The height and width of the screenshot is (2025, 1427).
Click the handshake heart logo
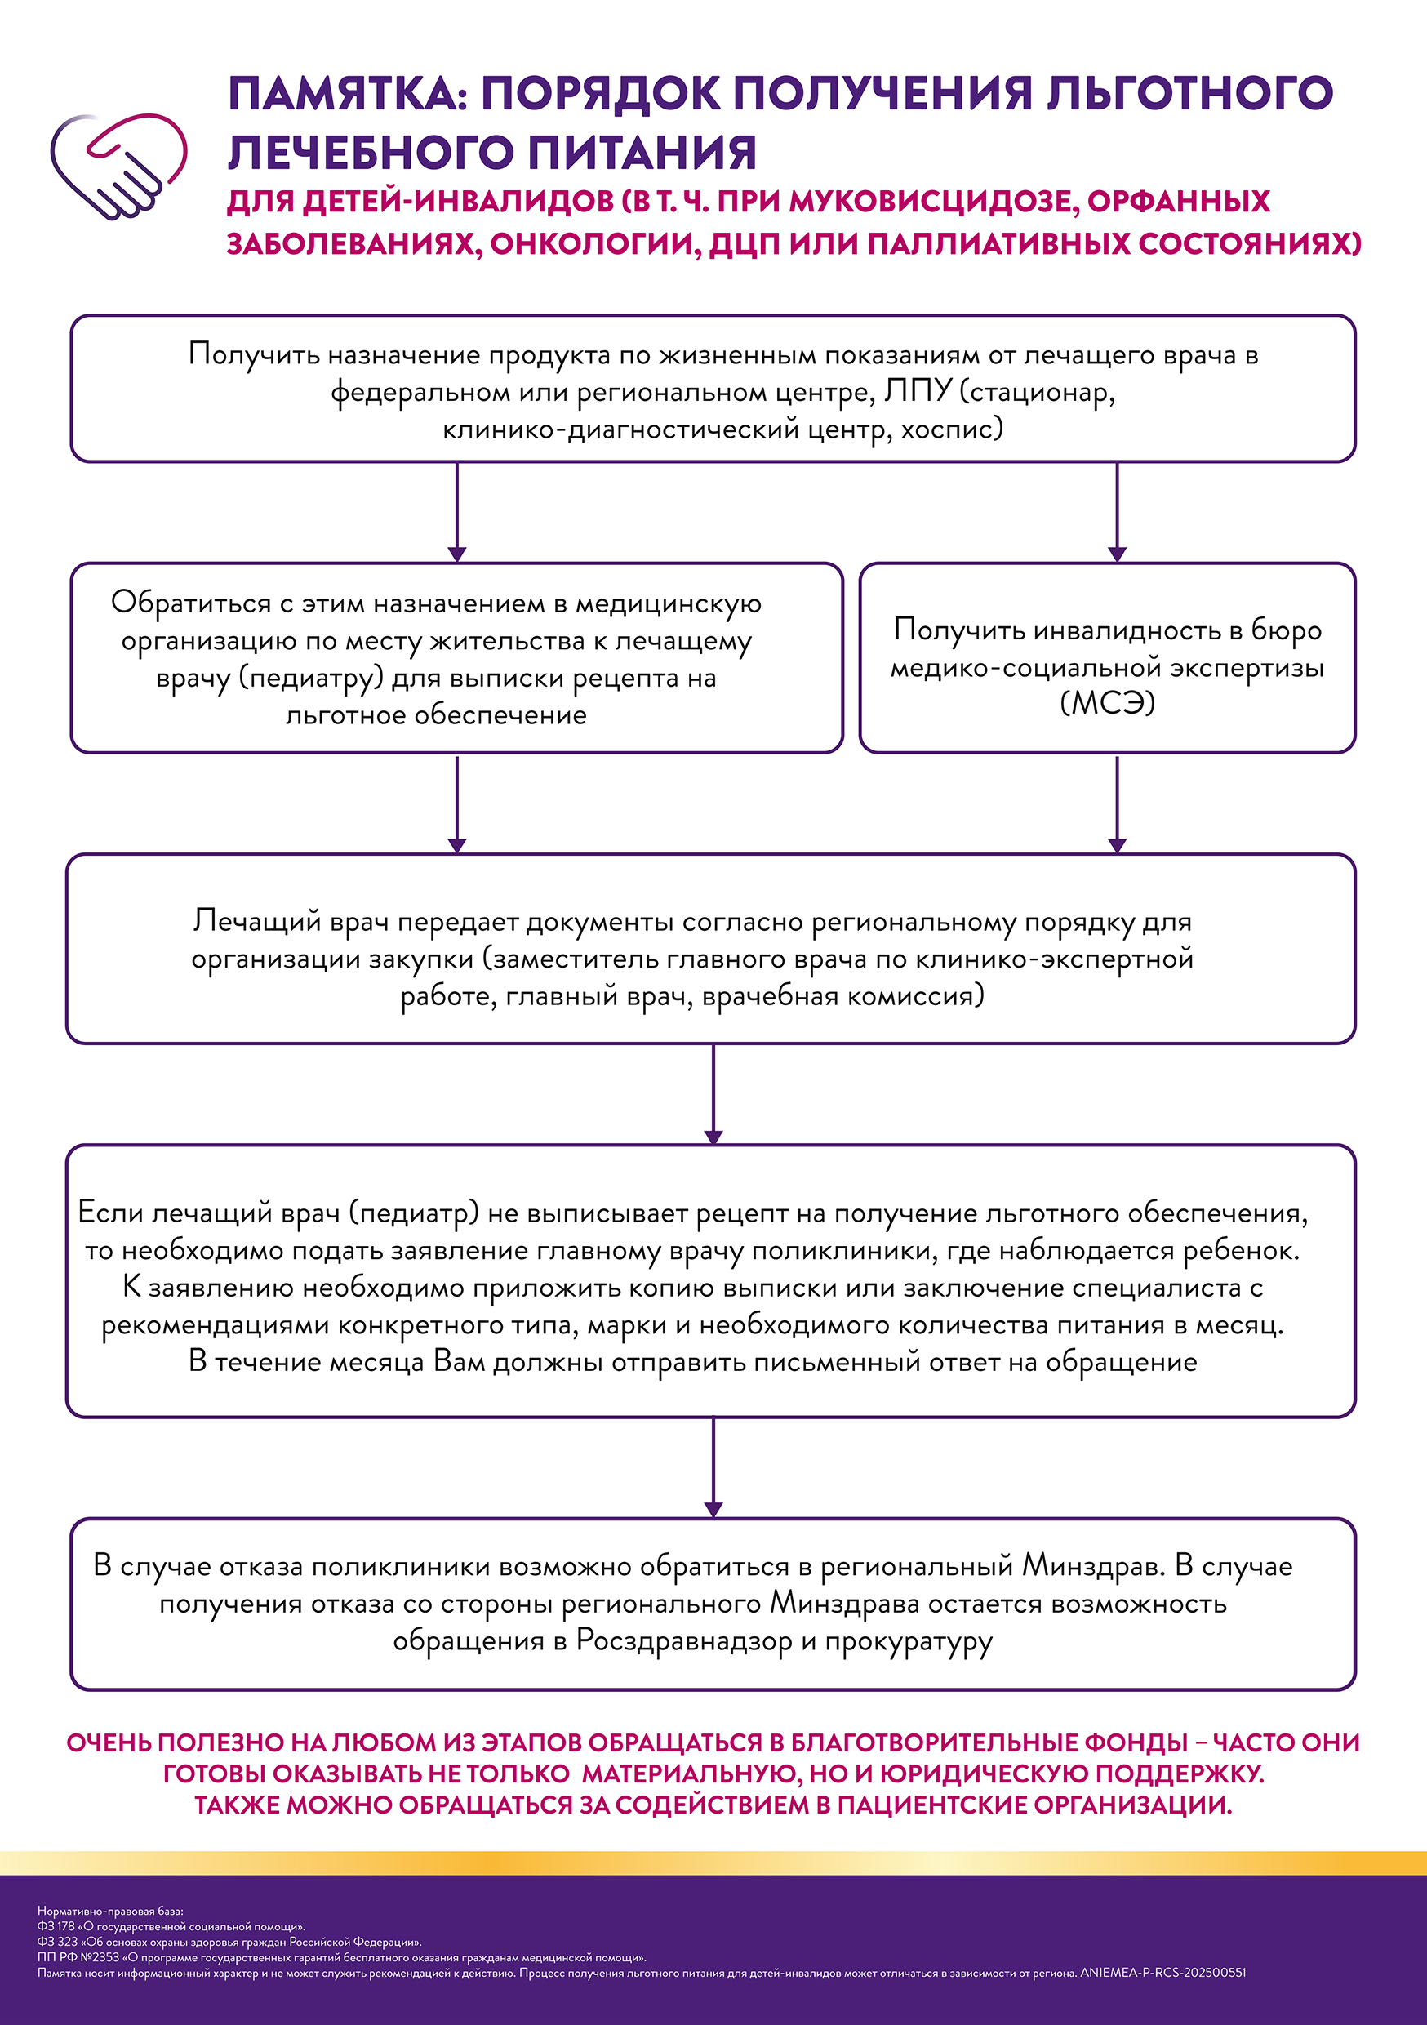(x=118, y=166)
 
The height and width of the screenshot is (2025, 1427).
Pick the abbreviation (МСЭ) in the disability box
(x=1107, y=703)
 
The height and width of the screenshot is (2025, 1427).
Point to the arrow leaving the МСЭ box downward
(x=1117, y=803)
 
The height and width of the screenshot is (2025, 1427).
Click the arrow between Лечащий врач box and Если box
(x=713, y=1094)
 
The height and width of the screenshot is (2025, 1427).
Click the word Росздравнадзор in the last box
(x=684, y=1641)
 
